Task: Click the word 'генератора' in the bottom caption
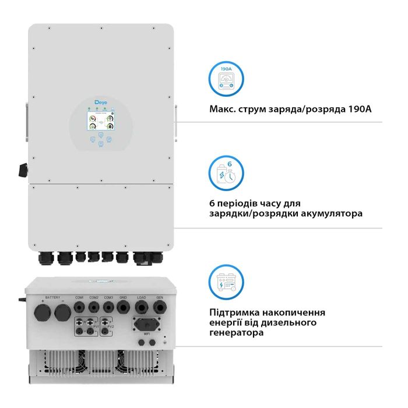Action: click(x=236, y=333)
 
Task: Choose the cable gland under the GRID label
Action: click(x=124, y=308)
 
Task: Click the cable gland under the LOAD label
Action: click(x=142, y=308)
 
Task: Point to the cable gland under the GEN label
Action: click(x=159, y=308)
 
